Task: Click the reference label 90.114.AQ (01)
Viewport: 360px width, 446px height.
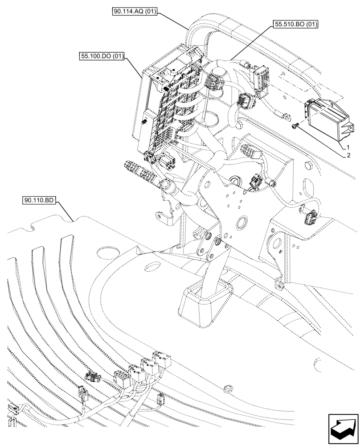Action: pos(134,12)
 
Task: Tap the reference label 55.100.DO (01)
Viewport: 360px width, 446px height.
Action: pos(102,56)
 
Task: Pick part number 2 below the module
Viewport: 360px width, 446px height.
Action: pos(348,156)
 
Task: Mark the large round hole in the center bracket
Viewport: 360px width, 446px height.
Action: pos(243,222)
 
